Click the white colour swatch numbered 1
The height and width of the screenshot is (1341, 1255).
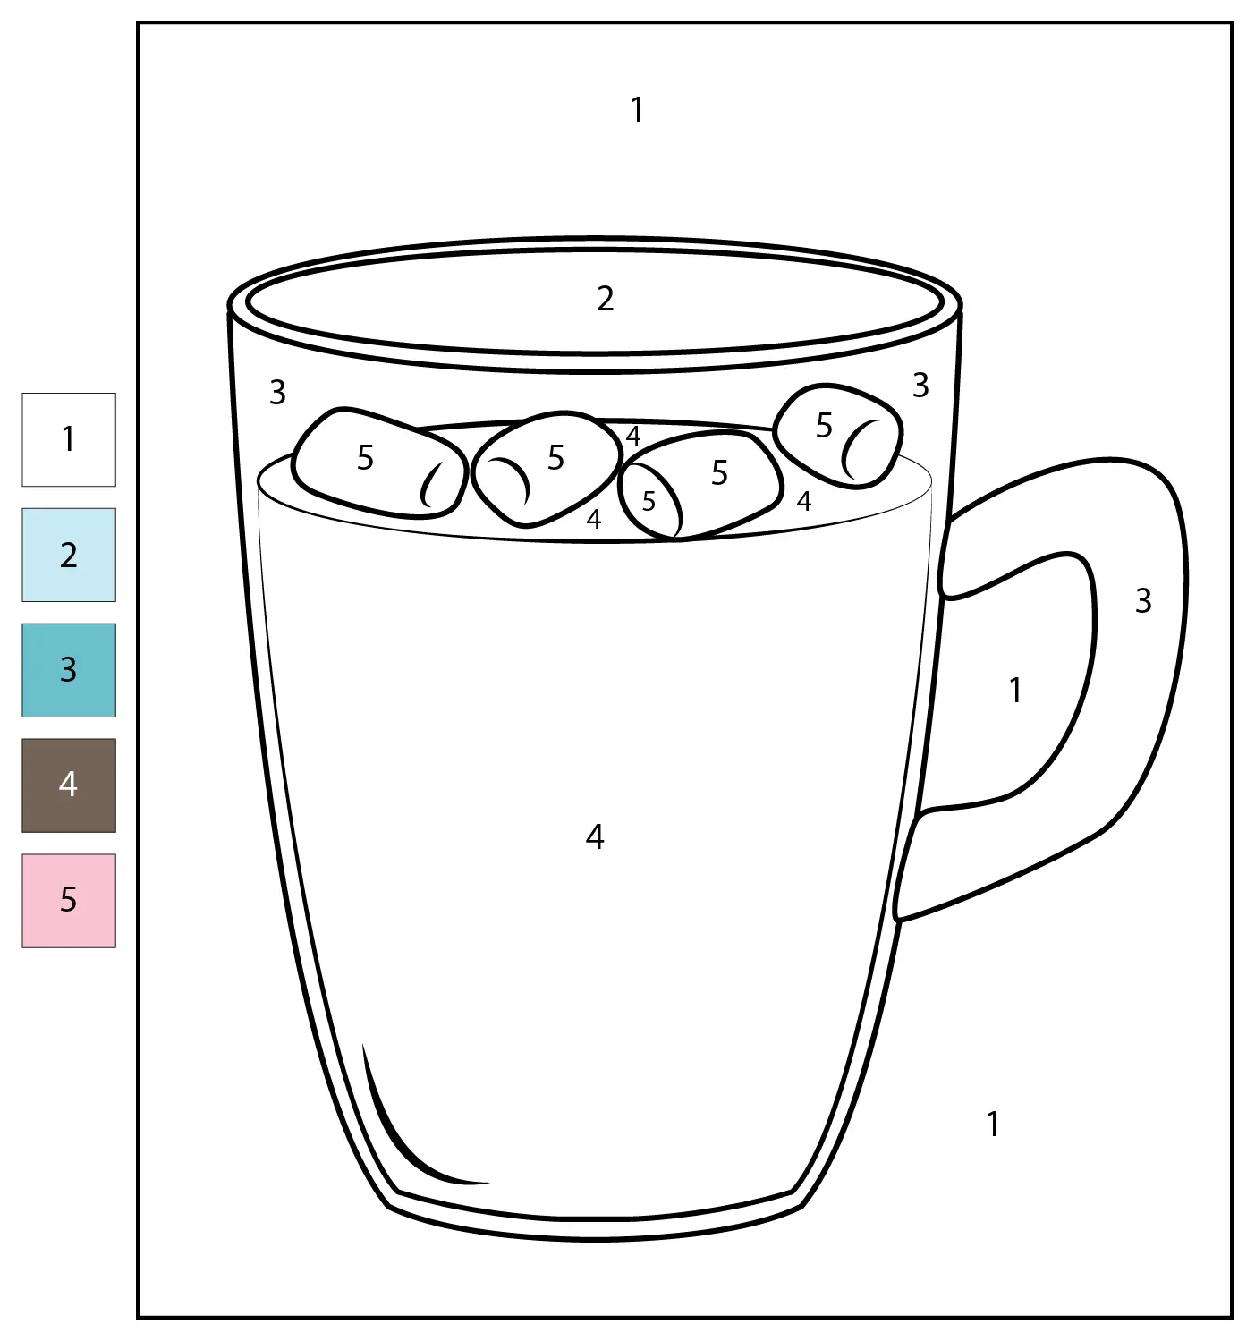69,439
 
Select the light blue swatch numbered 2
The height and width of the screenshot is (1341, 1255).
69,555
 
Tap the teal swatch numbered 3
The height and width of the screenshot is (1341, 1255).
69,670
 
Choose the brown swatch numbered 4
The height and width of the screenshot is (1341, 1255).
69,785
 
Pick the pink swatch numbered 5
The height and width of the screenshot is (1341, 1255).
69,901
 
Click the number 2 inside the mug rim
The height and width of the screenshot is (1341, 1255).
606,299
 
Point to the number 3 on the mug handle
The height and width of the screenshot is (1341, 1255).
1143,601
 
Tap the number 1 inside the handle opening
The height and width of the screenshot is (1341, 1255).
1016,690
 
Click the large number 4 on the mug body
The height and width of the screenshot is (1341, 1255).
594,836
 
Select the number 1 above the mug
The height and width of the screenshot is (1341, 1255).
637,109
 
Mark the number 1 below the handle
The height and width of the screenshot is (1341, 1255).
993,1125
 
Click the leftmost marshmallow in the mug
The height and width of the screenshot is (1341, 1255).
379,463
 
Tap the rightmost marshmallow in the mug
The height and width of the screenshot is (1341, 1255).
838,436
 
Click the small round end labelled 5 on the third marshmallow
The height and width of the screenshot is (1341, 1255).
649,500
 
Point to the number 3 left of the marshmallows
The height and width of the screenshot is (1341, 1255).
277,393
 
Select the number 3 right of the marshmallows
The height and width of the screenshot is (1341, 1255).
920,386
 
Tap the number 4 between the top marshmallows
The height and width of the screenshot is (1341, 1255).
633,436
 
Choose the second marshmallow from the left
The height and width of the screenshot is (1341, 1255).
546,469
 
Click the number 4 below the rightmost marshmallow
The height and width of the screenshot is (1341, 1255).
804,501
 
